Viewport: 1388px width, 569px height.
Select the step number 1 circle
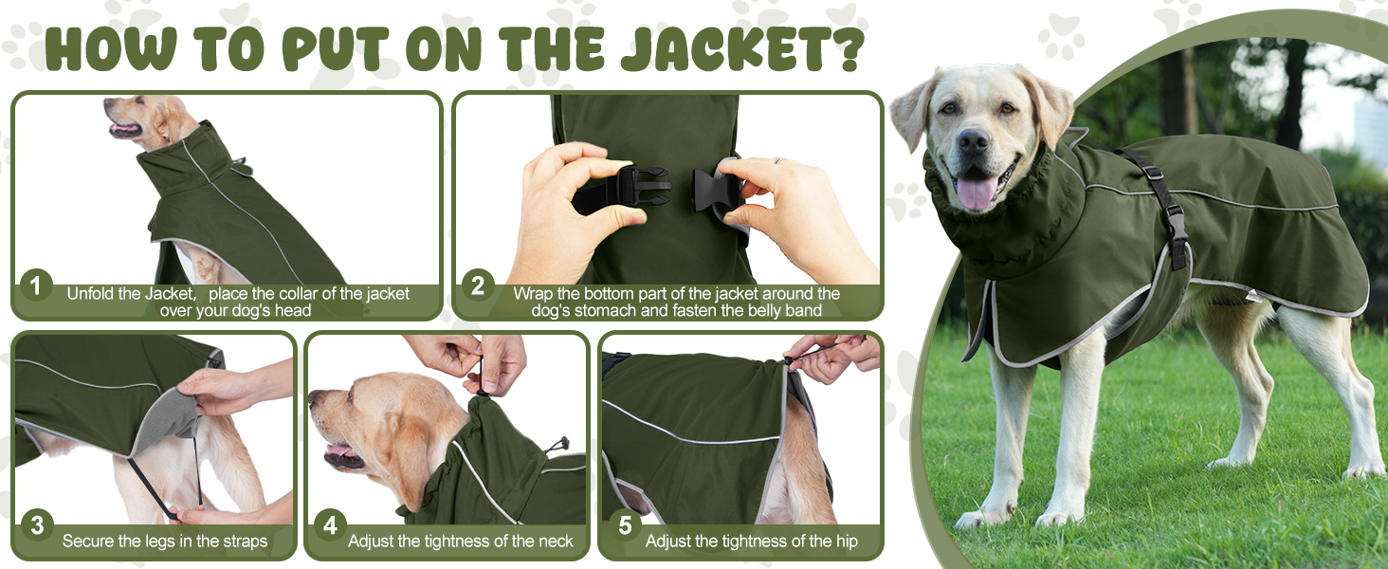click(x=36, y=285)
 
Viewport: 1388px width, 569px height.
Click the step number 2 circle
click(x=478, y=285)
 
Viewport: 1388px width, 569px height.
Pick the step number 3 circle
click(x=37, y=524)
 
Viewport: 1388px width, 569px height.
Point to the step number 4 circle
click(x=330, y=524)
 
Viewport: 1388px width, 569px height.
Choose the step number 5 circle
click(x=625, y=524)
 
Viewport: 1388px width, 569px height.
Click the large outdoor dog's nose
click(x=973, y=141)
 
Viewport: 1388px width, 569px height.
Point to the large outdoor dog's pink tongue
click(x=977, y=193)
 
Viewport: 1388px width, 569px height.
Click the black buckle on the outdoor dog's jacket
click(x=1177, y=234)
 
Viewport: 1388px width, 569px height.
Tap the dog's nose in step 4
click(x=314, y=396)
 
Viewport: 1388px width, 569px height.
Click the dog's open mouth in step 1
click(x=124, y=130)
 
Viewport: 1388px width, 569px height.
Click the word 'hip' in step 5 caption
click(x=847, y=541)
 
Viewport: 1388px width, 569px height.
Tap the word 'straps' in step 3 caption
click(x=245, y=541)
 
